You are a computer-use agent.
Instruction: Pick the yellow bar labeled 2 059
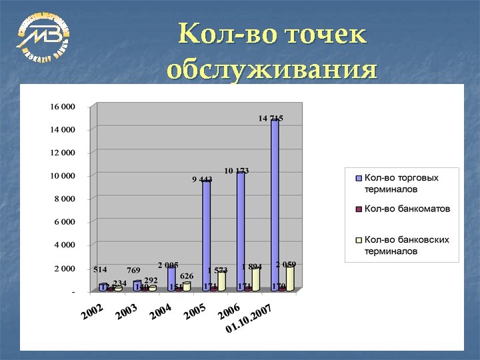tap(290, 277)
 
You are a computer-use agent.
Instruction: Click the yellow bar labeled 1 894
tap(256, 279)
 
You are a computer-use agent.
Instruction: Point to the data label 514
tap(100, 269)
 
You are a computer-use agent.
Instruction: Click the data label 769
tap(133, 270)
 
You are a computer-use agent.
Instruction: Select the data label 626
tap(187, 275)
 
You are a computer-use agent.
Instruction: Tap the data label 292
tap(151, 280)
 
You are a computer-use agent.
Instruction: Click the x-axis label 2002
tap(92, 311)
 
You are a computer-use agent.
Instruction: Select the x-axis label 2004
tap(161, 311)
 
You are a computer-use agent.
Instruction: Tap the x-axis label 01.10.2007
tap(248, 319)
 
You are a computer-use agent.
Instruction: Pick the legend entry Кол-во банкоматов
tap(407, 209)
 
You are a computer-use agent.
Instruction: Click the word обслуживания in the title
tap(272, 69)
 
